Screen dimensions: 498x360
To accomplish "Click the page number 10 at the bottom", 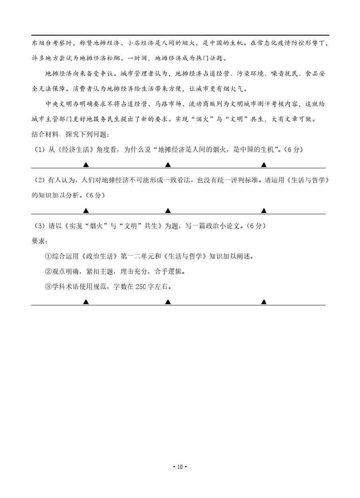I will (x=180, y=466).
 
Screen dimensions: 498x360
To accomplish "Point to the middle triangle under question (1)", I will (x=168, y=165).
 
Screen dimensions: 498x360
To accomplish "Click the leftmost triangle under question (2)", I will (x=86, y=211).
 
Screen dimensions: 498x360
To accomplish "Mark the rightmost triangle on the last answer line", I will (x=264, y=302).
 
